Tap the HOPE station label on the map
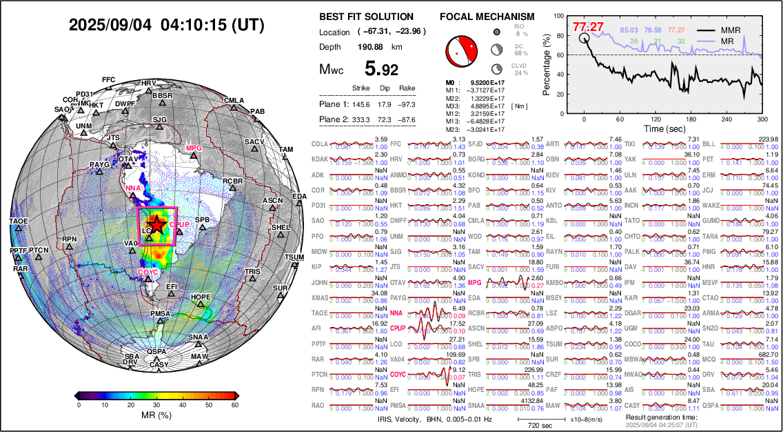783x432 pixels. pyautogui.click(x=201, y=297)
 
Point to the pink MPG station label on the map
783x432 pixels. pyautogui.click(x=194, y=148)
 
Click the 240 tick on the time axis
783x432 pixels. pyautogui.click(x=717, y=119)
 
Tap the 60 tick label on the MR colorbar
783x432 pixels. pyautogui.click(x=236, y=405)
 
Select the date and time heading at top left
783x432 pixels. pyautogui.click(x=167, y=25)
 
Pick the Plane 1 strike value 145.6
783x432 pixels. pyautogui.click(x=361, y=104)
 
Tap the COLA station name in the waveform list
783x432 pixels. pyautogui.click(x=320, y=144)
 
